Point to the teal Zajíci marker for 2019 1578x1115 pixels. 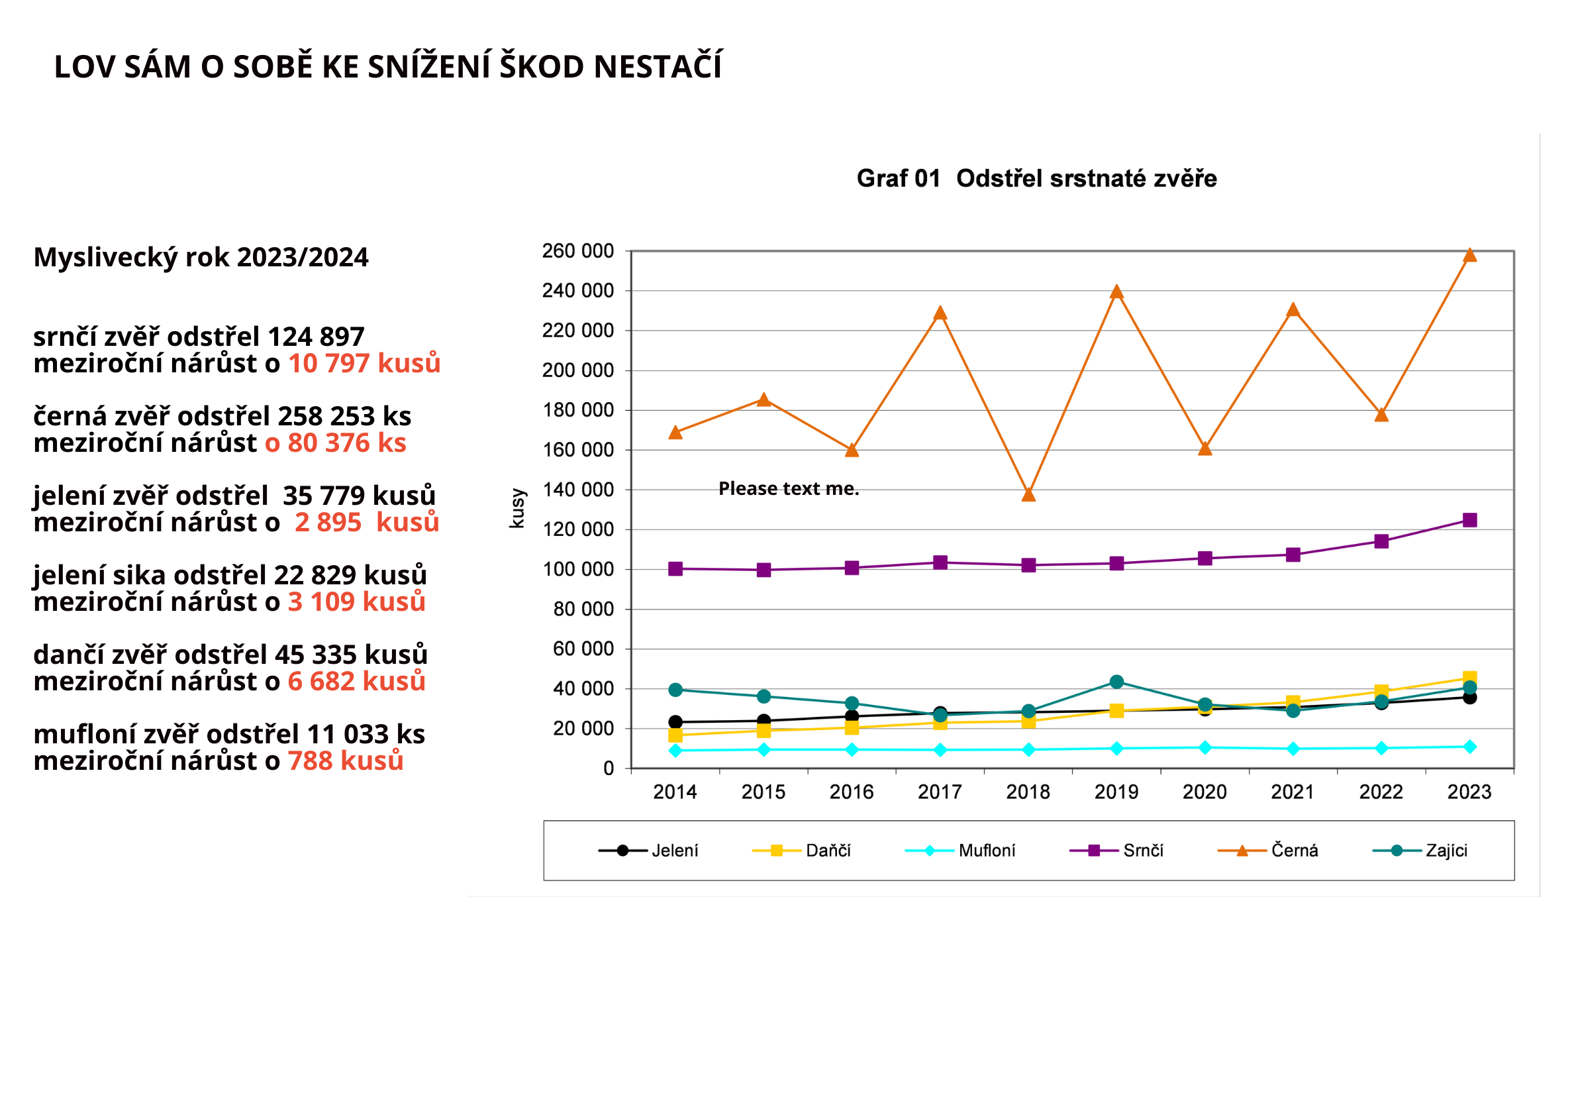(1117, 682)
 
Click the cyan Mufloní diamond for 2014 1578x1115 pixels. (675, 751)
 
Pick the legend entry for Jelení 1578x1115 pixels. (649, 851)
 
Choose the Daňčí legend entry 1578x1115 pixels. (802, 851)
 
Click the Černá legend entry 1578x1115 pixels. (1268, 851)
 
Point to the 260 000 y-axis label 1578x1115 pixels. (578, 251)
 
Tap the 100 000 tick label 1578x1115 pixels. (578, 569)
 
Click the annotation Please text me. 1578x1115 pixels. (789, 488)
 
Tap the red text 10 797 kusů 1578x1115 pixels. (364, 363)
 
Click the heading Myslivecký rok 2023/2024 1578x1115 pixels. (201, 257)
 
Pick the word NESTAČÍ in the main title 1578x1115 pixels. (658, 67)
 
